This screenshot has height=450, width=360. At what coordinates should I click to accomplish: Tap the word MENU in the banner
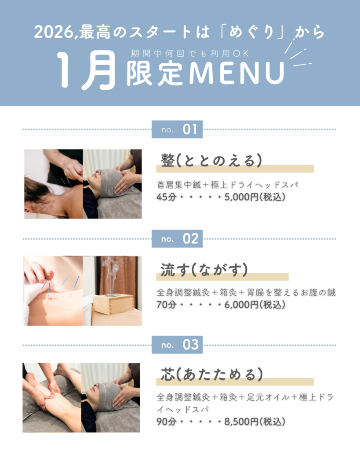(x=236, y=73)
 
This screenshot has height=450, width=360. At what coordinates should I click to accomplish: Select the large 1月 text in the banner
(x=86, y=70)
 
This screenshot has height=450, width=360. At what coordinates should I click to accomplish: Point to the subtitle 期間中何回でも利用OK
(x=190, y=54)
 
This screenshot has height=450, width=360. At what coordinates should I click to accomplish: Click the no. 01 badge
(x=177, y=130)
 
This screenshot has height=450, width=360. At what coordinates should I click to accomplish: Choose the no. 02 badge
(x=177, y=239)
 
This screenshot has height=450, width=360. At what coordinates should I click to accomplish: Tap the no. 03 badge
(x=177, y=345)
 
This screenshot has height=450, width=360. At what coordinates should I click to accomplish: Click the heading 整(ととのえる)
(x=211, y=160)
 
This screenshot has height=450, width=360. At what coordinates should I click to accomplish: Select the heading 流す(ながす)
(x=204, y=269)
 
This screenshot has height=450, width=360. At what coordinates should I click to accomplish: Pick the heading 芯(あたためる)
(x=212, y=374)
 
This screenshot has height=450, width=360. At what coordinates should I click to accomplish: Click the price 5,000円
(x=241, y=197)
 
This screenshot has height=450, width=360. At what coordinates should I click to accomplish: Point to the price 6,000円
(x=241, y=305)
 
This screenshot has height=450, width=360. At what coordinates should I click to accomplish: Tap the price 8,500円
(x=241, y=422)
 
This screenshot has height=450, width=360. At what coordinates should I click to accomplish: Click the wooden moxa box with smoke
(x=113, y=304)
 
